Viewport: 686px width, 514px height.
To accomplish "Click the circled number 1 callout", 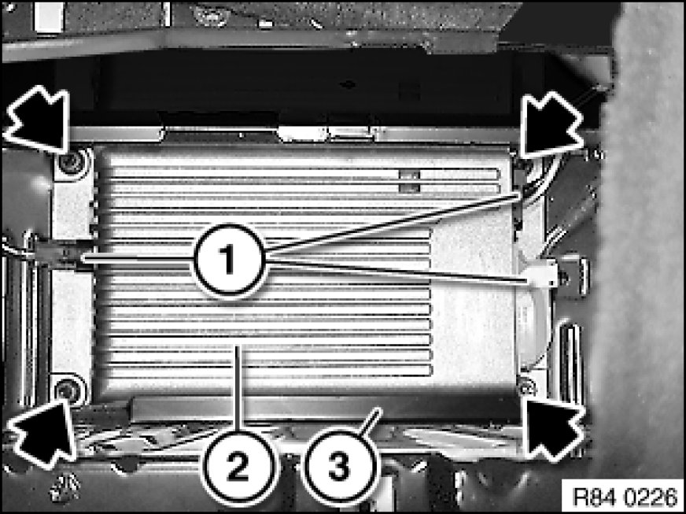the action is point(230,260).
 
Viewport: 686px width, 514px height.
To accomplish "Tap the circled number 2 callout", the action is point(239,467).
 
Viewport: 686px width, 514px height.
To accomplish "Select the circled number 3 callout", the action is point(339,466).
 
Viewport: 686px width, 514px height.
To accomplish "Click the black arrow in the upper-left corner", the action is point(38,119).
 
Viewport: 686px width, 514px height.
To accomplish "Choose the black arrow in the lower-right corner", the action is point(553,430).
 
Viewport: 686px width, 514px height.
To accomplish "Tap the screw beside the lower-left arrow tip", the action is point(67,387).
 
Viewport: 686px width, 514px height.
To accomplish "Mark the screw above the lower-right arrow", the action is point(526,387).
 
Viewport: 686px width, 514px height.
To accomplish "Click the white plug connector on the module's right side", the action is point(541,275).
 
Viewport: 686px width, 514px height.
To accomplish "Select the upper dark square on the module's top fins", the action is point(410,175).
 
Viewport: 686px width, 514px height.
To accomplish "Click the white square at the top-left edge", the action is point(49,17).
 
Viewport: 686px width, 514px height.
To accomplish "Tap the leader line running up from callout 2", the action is point(238,388).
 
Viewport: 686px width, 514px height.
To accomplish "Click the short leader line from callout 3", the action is point(371,421).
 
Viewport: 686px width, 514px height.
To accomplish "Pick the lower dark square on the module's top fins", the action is point(410,188).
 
